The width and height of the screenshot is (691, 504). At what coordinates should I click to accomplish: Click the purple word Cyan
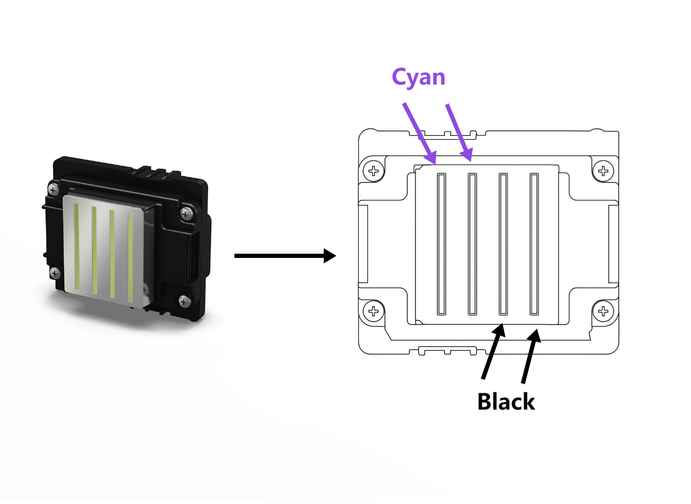(x=418, y=78)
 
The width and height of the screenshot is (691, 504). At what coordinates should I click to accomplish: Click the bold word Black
(x=506, y=401)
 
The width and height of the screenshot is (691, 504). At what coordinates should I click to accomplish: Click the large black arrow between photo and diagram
(x=285, y=256)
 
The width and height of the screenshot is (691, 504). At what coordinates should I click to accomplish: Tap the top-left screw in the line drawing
(x=374, y=171)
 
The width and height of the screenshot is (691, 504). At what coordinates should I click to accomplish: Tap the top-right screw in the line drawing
(x=603, y=171)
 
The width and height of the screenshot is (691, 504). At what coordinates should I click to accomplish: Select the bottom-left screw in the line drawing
(x=374, y=312)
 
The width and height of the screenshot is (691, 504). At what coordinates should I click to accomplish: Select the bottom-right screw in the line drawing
(x=603, y=312)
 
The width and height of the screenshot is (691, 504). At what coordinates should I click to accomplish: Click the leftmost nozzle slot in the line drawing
(x=442, y=244)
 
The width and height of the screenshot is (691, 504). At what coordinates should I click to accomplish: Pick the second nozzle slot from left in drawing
(x=472, y=244)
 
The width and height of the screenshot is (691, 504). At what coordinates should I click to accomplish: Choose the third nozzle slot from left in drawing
(x=503, y=244)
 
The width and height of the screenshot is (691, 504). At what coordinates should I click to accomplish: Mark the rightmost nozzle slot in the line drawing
(x=534, y=244)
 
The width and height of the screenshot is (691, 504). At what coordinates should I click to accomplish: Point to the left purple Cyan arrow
(x=419, y=133)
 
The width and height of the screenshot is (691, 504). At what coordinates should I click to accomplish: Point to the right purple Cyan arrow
(x=459, y=133)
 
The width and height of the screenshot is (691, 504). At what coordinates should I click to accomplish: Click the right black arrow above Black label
(x=531, y=356)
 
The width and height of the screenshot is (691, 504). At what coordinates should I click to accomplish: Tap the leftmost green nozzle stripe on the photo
(x=77, y=247)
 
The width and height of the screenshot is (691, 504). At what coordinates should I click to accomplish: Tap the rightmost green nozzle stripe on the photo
(x=130, y=258)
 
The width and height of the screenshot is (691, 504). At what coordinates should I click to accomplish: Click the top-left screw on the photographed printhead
(x=53, y=190)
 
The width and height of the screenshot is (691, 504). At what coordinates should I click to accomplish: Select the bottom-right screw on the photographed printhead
(x=184, y=301)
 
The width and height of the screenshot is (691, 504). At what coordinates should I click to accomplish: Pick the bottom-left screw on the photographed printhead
(x=55, y=273)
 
